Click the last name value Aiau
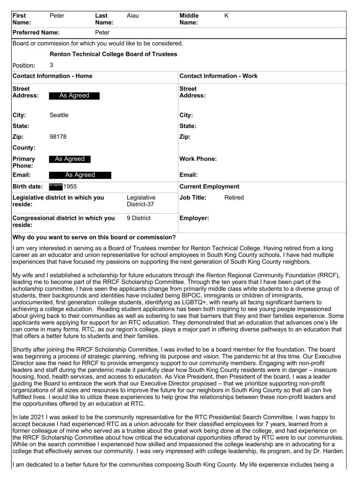[x=133, y=16]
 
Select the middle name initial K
[x=226, y=16]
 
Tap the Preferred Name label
[x=36, y=33]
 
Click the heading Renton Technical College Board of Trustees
[x=113, y=54]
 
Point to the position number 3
[x=52, y=65]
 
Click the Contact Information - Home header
[x=52, y=76]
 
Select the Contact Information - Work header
[x=218, y=76]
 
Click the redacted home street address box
[x=74, y=96]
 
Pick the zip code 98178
[x=58, y=137]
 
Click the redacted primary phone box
[x=70, y=159]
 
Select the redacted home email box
[x=80, y=175]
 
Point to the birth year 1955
[x=70, y=187]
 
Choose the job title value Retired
[x=234, y=198]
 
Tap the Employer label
[x=194, y=218]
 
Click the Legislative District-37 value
[x=141, y=201]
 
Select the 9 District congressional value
[x=139, y=218]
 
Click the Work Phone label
[x=198, y=159]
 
